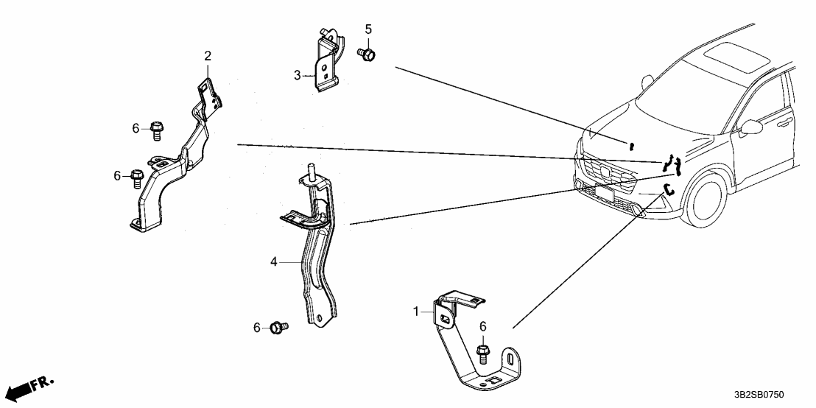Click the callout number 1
[x=416, y=312]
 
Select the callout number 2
[x=208, y=56]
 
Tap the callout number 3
[x=298, y=75]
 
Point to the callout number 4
[x=273, y=261]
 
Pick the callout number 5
[x=368, y=29]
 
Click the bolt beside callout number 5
[x=365, y=53]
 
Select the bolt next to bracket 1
[x=483, y=354]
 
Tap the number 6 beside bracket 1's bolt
[x=483, y=326]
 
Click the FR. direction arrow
[x=28, y=386]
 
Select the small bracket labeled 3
[x=325, y=62]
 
